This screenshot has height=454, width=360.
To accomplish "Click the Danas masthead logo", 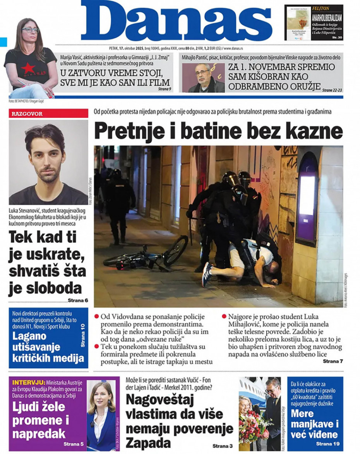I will [x=176, y=21].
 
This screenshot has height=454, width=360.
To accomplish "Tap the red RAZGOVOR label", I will [x=27, y=114].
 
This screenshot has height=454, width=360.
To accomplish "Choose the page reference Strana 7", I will [x=333, y=361].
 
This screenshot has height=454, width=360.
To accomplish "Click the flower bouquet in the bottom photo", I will [x=251, y=422].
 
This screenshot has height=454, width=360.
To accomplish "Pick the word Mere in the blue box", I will [x=302, y=413].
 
